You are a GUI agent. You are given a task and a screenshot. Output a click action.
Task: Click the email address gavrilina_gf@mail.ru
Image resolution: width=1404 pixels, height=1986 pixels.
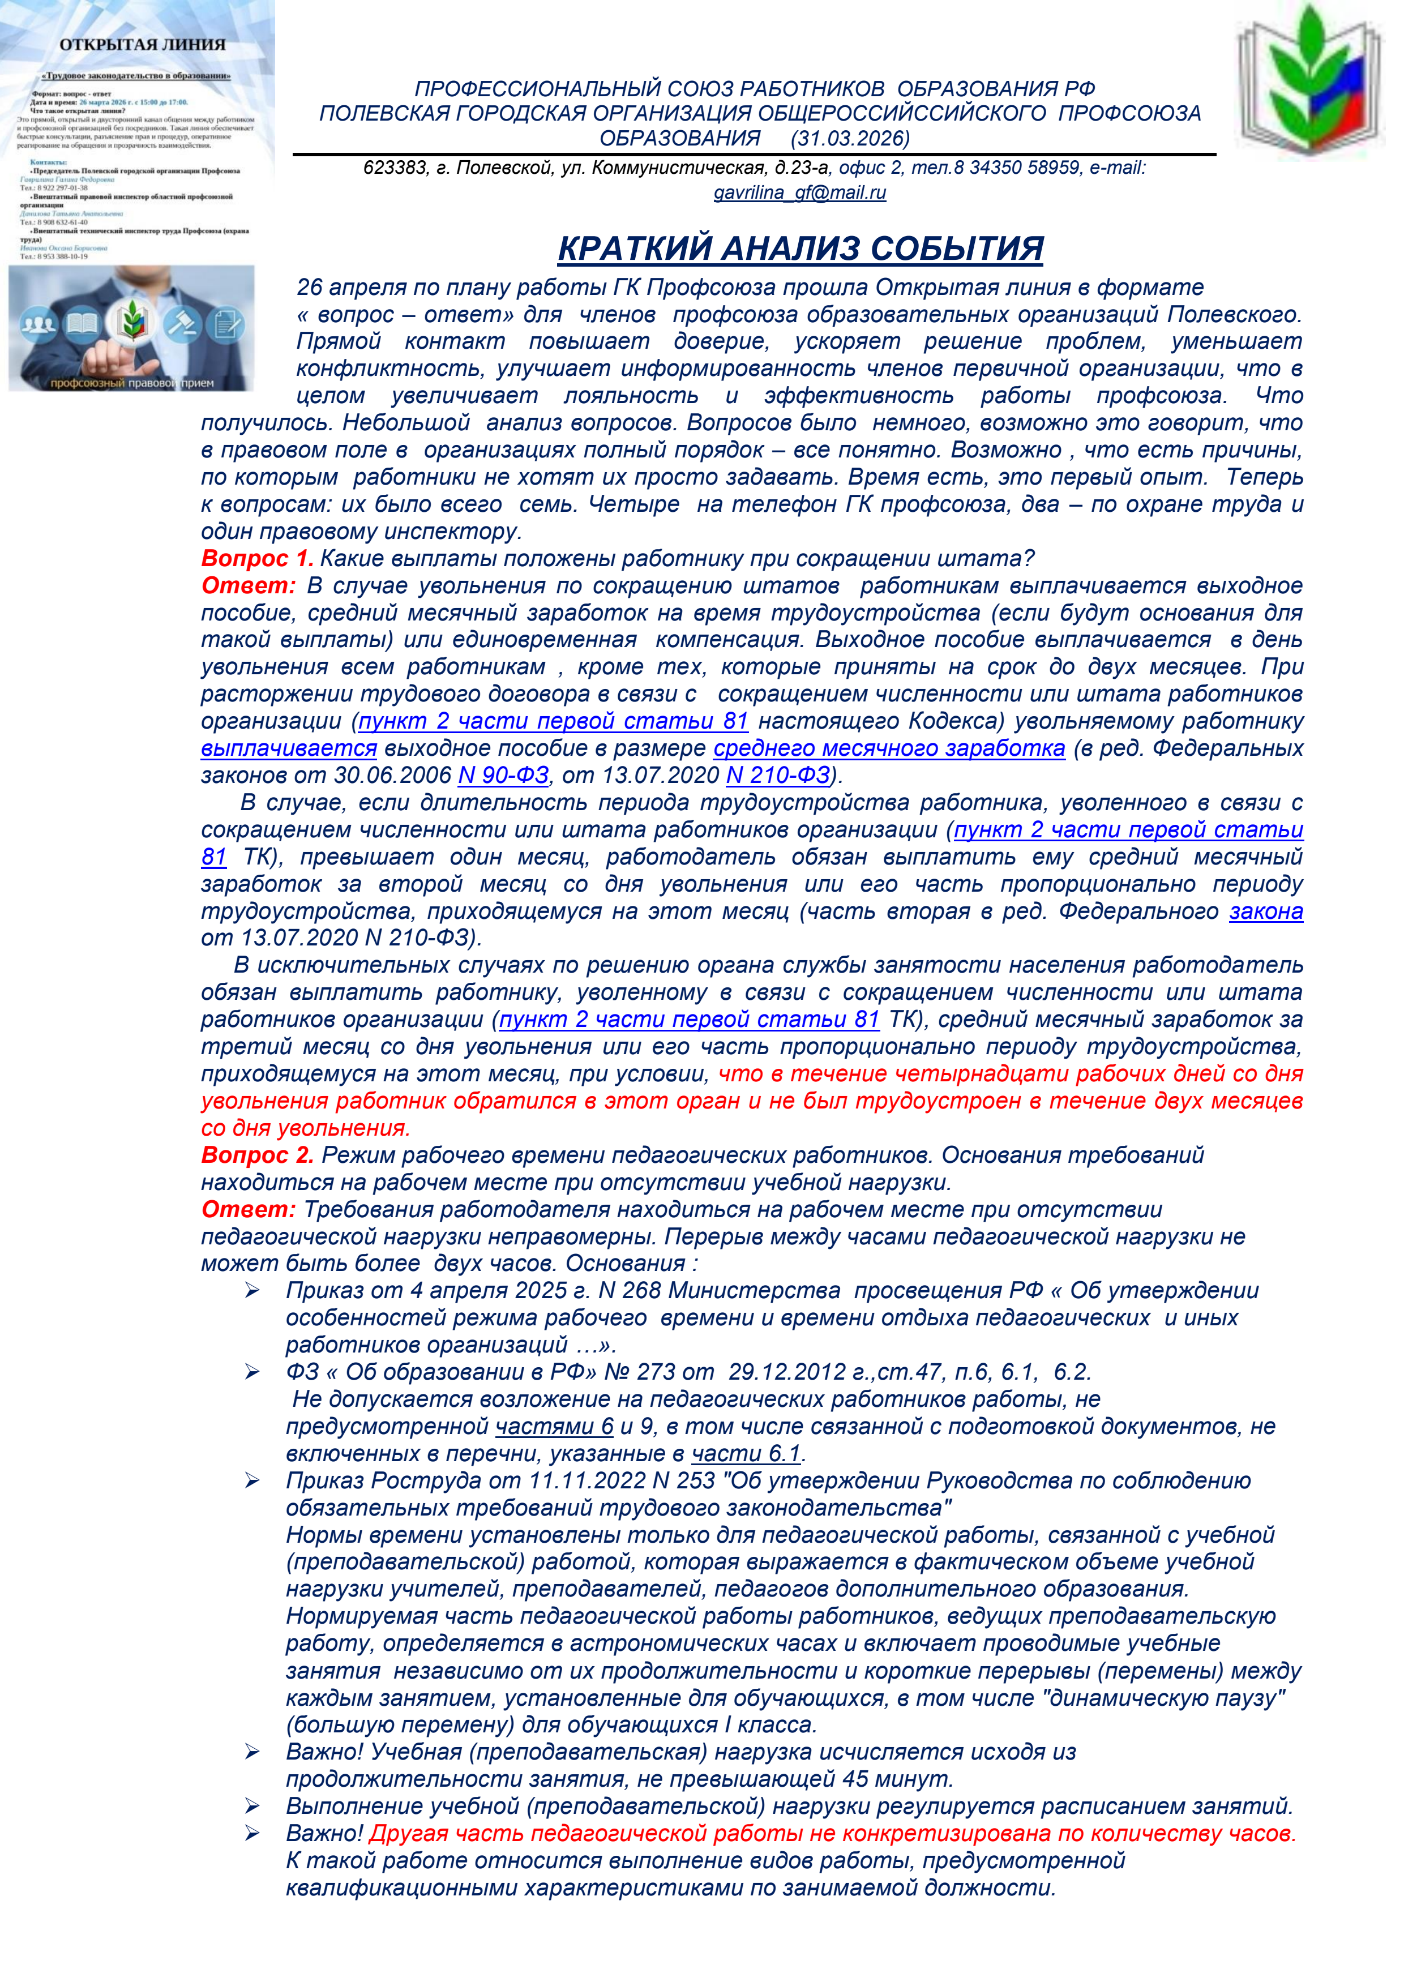(x=799, y=193)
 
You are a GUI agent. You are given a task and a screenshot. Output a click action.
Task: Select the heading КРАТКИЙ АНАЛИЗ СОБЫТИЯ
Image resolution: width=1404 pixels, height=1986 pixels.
(x=800, y=248)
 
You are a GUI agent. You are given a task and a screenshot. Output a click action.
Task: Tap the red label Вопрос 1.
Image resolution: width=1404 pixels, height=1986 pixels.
(x=257, y=559)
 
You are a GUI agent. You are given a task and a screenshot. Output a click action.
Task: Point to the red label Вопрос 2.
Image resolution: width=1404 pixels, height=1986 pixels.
(x=257, y=1155)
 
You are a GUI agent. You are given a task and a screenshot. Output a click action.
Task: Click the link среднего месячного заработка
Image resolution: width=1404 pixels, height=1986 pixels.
(x=888, y=748)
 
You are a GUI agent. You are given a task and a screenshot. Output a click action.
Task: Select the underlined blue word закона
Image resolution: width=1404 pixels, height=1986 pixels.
(x=1266, y=911)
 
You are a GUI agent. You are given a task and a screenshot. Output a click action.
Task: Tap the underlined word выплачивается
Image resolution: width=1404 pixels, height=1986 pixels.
(x=289, y=748)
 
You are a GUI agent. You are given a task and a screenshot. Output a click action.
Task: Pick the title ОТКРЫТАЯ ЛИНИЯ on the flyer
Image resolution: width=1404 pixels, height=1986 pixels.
(x=142, y=45)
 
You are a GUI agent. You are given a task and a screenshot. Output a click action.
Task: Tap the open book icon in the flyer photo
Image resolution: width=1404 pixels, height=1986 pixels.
(x=84, y=325)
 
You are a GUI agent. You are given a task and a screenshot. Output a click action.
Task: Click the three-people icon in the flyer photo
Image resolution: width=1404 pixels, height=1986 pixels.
(x=37, y=325)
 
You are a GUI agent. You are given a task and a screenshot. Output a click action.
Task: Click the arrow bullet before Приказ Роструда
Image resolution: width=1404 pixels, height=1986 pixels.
(x=252, y=1482)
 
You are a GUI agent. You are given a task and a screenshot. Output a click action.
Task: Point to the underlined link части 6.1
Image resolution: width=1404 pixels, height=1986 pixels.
(x=746, y=1454)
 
